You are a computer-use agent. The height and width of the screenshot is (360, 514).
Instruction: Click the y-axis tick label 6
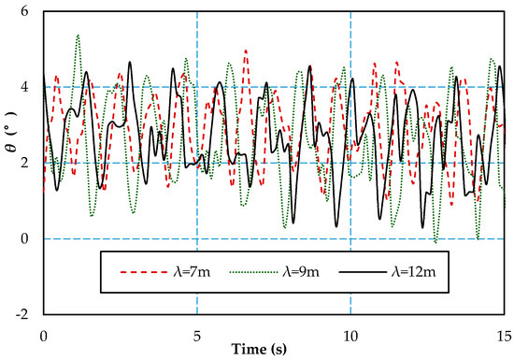(x=24, y=11)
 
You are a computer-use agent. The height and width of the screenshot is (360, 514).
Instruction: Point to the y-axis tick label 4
(x=24, y=87)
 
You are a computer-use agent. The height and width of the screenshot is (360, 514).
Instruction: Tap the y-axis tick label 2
(x=24, y=163)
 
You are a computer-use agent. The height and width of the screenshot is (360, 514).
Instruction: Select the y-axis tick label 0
(x=24, y=238)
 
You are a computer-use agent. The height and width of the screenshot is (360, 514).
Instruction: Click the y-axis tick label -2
(x=22, y=315)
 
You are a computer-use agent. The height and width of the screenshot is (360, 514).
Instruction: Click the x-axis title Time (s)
(x=259, y=349)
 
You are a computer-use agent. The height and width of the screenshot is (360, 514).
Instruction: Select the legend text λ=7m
(x=192, y=272)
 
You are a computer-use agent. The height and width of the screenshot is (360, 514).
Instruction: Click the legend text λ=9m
(x=301, y=272)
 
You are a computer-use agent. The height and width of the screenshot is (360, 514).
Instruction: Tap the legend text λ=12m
(x=414, y=272)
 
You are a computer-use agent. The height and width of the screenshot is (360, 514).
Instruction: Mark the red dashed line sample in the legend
(x=144, y=272)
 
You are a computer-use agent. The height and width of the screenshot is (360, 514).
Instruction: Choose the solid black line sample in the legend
(x=363, y=272)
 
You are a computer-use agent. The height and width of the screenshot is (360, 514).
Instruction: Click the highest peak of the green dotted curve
(x=78, y=35)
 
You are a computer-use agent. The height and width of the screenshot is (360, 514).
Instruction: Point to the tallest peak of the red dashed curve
(x=246, y=50)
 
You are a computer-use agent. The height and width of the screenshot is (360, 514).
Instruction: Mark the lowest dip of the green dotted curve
(x=435, y=242)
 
